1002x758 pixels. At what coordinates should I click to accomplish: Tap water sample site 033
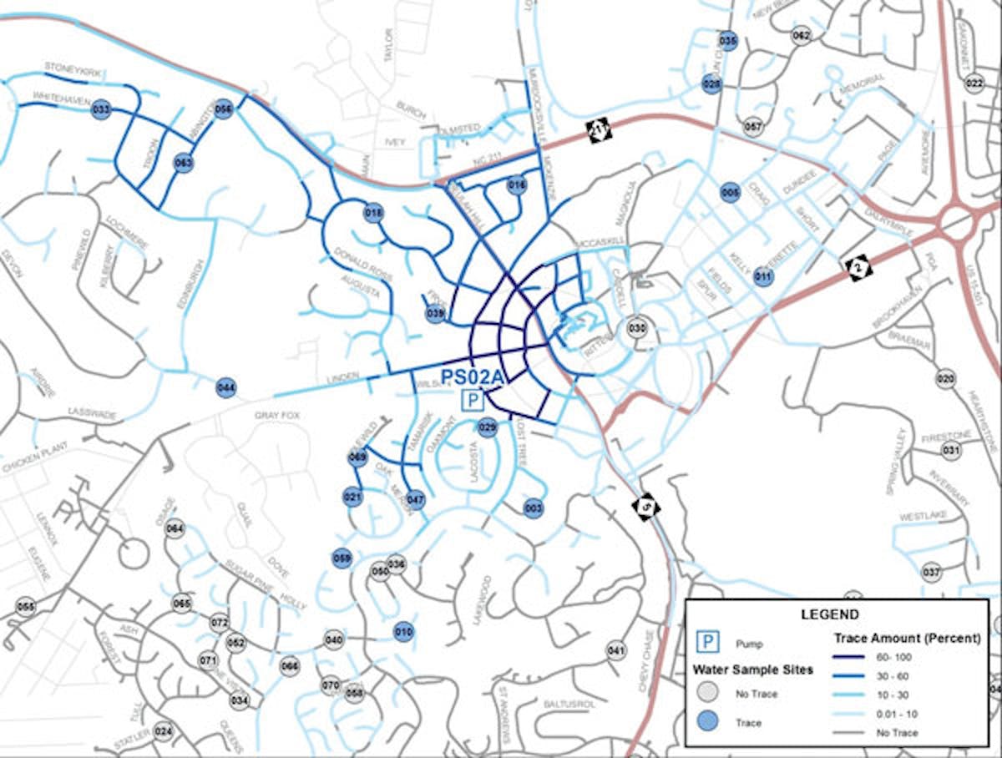pos(102,109)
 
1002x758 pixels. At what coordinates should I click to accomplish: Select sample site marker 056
pos(223,109)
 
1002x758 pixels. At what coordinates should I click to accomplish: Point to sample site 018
pos(373,213)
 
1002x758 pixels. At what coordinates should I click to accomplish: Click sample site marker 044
pos(225,387)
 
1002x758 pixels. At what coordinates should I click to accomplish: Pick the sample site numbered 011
pos(763,276)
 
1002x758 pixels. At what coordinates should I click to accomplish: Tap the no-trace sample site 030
pos(637,328)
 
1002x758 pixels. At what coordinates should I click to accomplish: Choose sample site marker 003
pos(534,508)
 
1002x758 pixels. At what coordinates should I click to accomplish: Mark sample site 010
pos(403,632)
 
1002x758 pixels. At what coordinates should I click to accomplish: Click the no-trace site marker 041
pos(616,650)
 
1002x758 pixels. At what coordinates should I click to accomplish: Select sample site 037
pos(931,573)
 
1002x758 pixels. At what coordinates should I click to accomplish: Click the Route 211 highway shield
pos(600,130)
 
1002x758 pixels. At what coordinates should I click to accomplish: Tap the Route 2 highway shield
pos(858,268)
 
